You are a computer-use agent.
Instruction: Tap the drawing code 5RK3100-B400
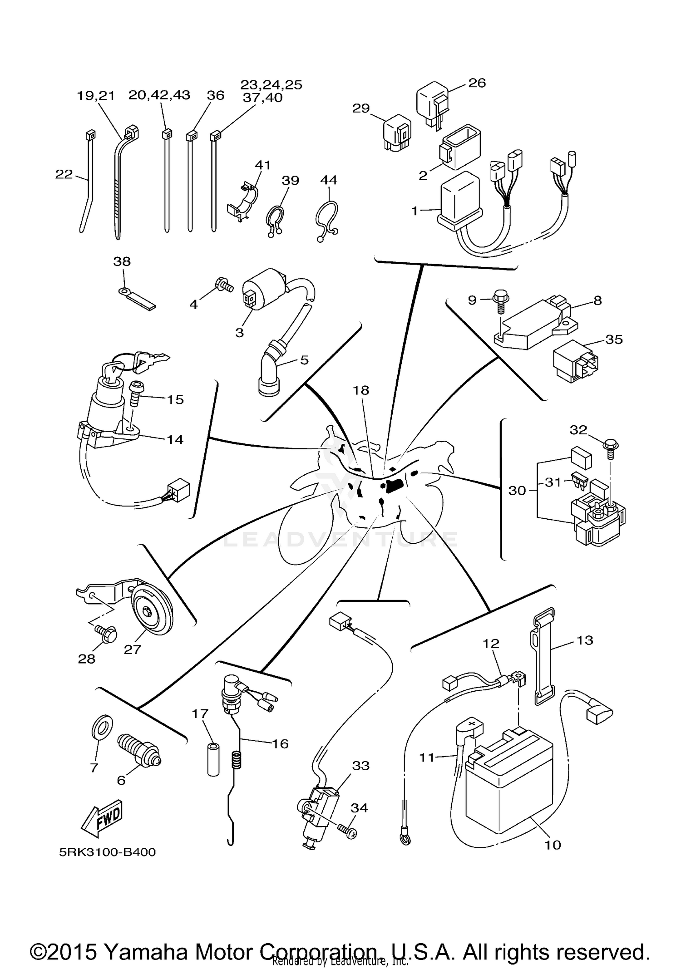(x=107, y=852)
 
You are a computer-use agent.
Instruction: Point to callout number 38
(x=122, y=261)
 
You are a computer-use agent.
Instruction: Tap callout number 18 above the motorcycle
(x=362, y=390)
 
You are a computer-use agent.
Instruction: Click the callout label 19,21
(x=96, y=96)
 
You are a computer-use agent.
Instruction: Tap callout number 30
(x=517, y=491)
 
